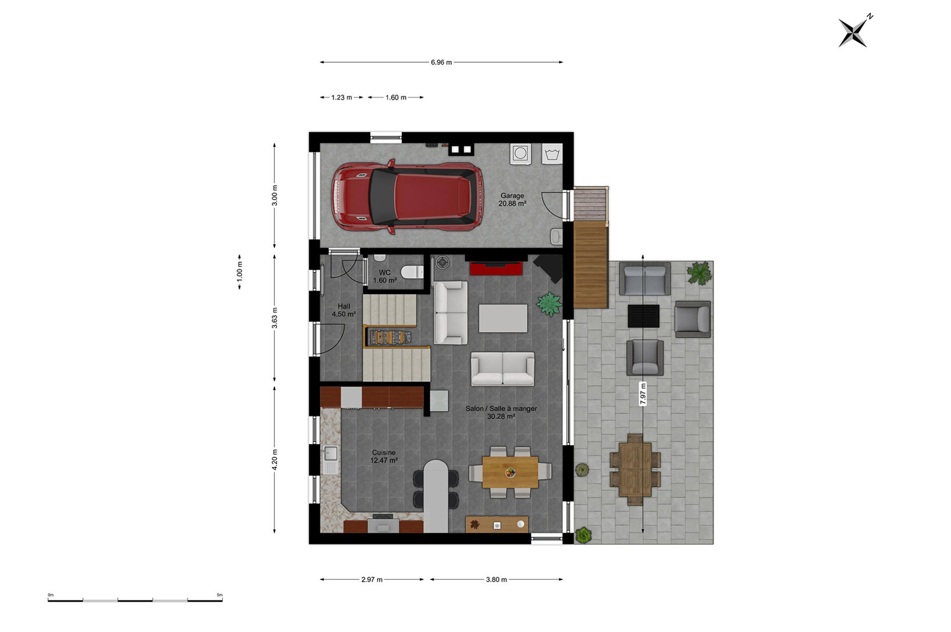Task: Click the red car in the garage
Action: (407, 196)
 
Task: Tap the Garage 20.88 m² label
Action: (512, 200)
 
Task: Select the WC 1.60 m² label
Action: (385, 276)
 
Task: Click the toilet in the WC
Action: (412, 272)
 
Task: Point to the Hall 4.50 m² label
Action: (344, 310)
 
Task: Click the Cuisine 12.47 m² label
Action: (384, 457)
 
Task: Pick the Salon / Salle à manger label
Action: (501, 408)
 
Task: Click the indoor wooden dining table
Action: (510, 472)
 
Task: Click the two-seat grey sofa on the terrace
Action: (645, 279)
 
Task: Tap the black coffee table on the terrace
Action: (643, 315)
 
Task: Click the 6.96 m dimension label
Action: (441, 62)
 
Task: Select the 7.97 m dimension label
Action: (643, 394)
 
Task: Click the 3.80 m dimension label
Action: (497, 579)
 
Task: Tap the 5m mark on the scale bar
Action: (220, 596)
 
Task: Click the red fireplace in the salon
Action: (496, 268)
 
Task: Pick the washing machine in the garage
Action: (520, 153)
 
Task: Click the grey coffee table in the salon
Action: (503, 318)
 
